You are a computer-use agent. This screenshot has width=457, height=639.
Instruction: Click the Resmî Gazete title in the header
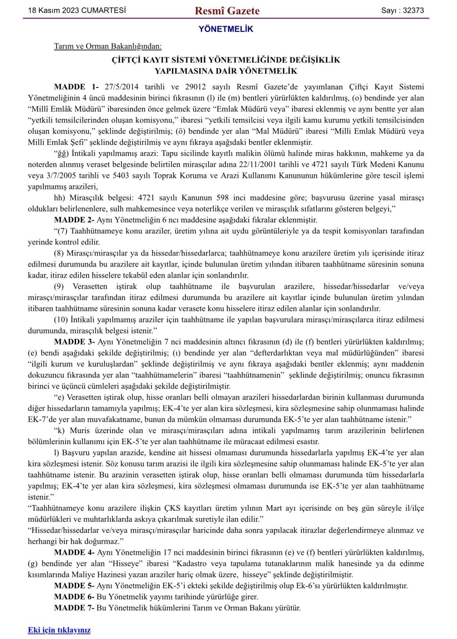[227, 11]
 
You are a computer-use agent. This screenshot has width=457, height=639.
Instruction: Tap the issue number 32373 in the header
[413, 11]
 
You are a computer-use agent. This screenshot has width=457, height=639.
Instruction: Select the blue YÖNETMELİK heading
[226, 29]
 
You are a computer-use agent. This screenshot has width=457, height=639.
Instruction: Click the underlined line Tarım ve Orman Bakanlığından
[108, 46]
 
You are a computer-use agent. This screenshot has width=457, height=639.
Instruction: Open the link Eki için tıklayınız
[59, 630]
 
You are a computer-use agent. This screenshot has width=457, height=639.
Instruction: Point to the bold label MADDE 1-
[76, 87]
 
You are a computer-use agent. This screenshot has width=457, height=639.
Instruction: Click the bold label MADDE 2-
[74, 220]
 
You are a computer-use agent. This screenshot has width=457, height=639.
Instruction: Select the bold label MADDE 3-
[74, 342]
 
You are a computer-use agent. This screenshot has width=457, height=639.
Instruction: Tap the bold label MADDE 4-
[74, 552]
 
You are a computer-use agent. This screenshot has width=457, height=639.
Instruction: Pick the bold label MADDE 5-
[74, 586]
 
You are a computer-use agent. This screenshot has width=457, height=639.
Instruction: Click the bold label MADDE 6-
[74, 597]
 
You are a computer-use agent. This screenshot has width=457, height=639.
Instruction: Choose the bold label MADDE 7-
[74, 608]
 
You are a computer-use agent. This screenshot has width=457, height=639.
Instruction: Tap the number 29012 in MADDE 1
[195, 87]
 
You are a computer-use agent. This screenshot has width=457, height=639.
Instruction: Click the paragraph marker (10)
[61, 320]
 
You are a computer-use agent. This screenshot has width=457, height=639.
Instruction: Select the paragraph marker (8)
[59, 253]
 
